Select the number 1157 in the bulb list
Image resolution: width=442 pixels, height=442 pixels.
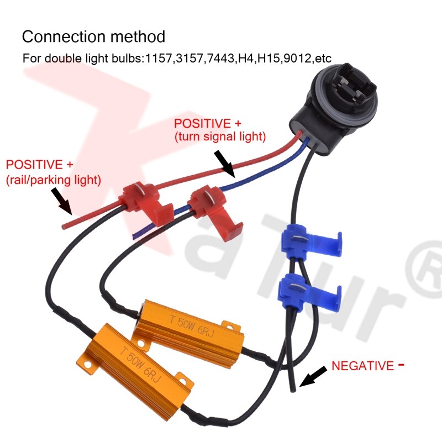click(156, 58)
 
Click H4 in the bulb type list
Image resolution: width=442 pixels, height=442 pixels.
click(244, 58)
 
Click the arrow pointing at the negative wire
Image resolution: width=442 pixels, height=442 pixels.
click(311, 378)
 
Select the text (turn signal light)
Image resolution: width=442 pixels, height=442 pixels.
click(219, 135)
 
